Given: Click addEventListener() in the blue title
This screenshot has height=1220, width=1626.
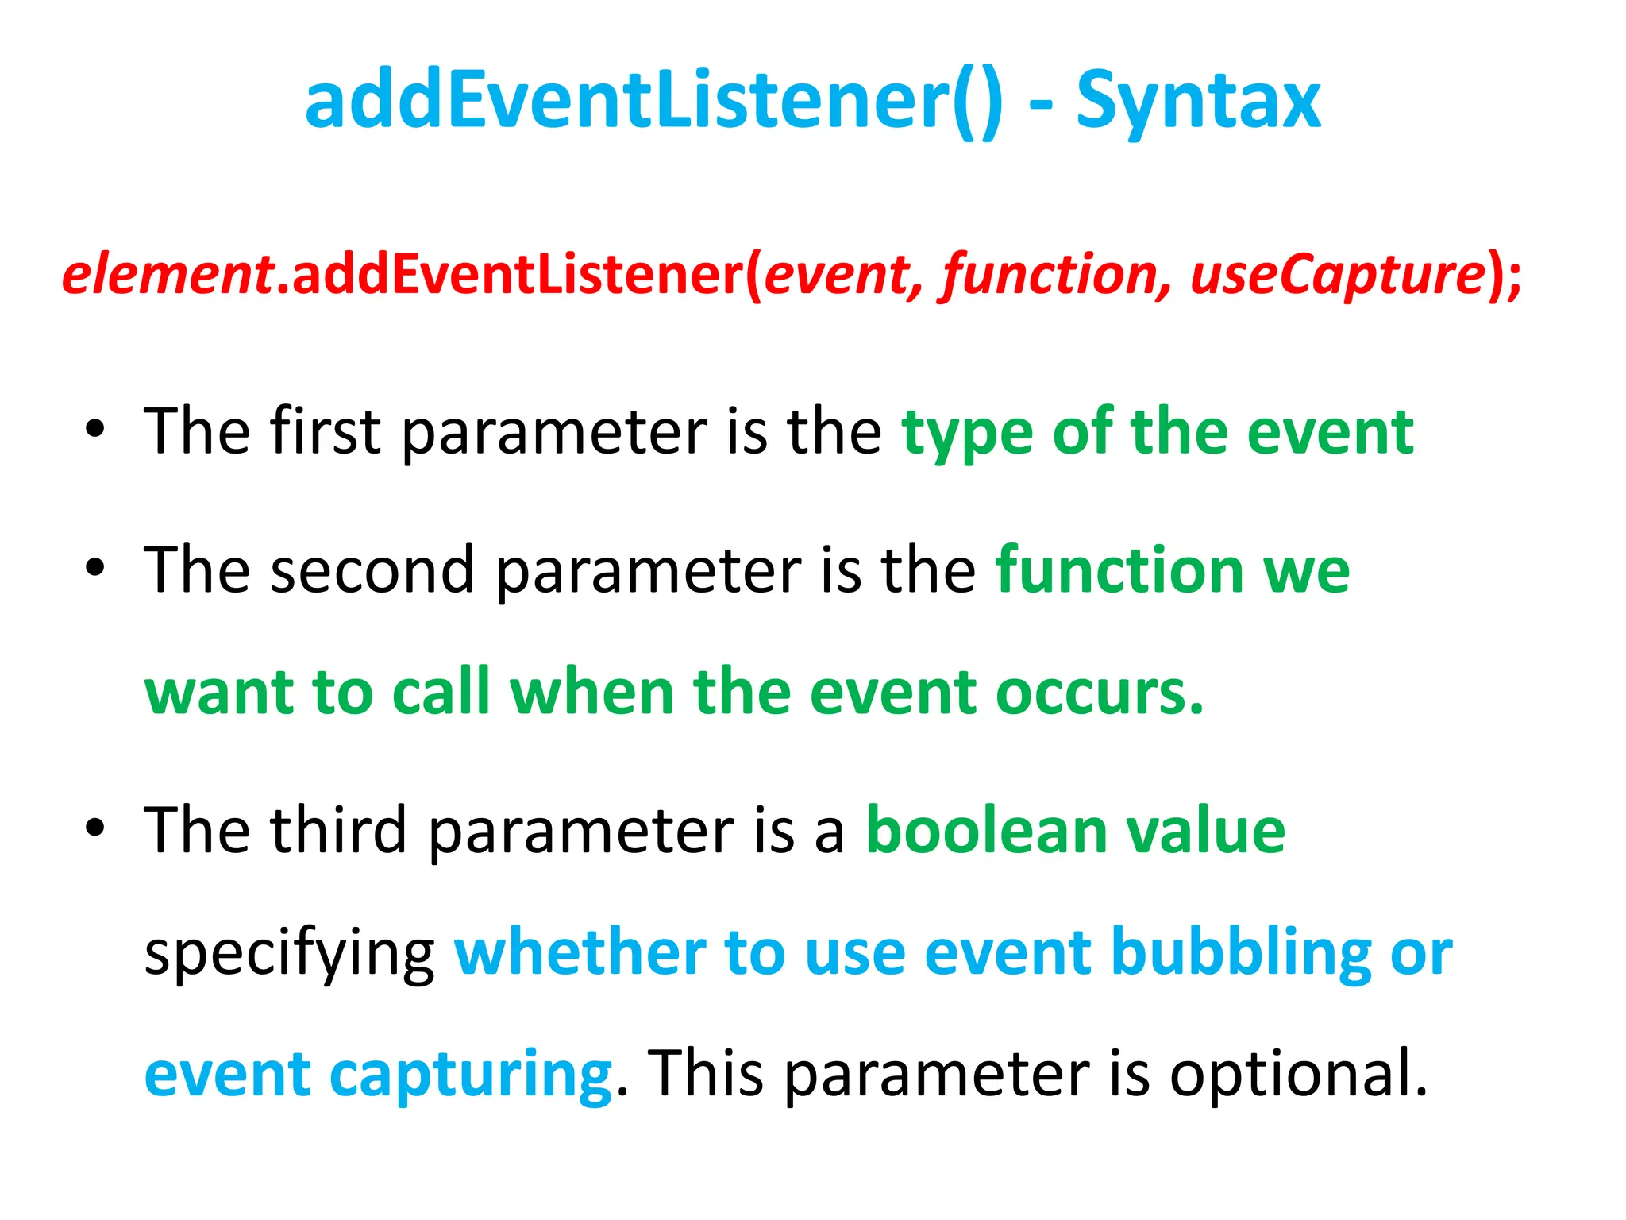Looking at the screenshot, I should tap(653, 102).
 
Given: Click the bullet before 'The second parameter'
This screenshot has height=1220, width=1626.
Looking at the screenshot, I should tap(95, 568).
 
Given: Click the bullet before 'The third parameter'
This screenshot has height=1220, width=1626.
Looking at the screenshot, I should tap(95, 828).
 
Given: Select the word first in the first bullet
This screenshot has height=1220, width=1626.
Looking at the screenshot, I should tap(325, 431).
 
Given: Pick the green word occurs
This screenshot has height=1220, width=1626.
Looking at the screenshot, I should tap(1099, 693).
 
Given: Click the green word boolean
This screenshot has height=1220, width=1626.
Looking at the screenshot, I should tap(985, 830).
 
